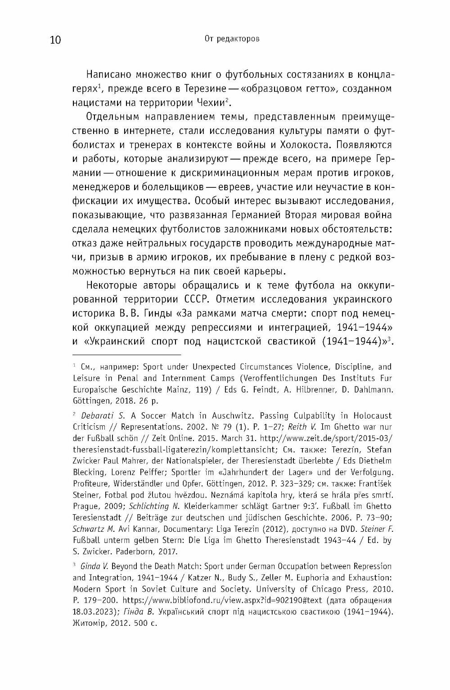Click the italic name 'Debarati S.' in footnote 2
click(x=101, y=415)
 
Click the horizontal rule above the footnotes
click(x=126, y=355)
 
